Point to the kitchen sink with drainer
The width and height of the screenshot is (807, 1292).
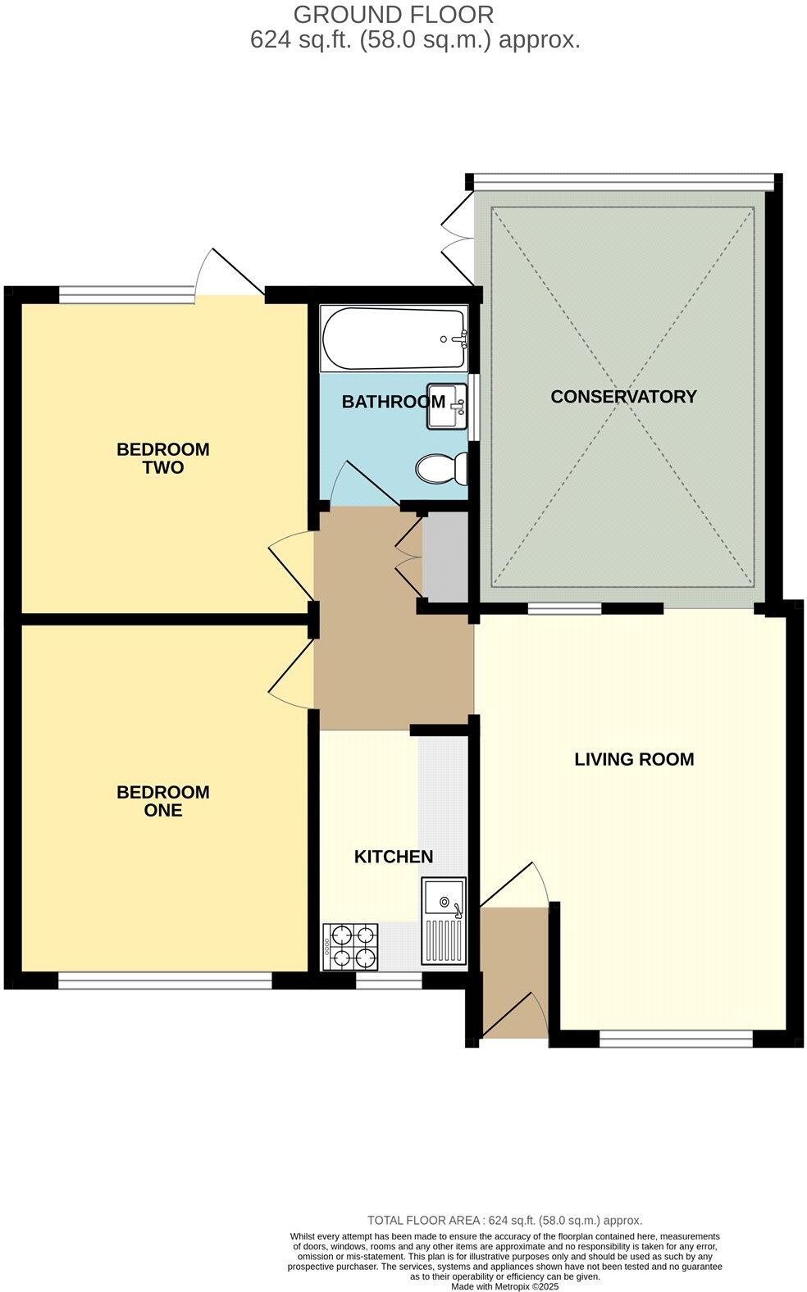443,920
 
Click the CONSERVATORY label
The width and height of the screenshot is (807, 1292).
623,397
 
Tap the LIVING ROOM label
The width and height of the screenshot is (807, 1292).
634,759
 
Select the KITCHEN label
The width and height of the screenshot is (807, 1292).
393,857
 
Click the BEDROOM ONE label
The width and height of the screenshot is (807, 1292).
162,801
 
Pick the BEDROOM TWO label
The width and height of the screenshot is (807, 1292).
162,458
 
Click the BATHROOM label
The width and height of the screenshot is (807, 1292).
393,402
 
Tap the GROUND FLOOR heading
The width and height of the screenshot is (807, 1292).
394,15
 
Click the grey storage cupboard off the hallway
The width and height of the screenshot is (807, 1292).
444,555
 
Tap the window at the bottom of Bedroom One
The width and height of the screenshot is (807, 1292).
164,980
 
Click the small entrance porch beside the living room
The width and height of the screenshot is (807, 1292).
514,971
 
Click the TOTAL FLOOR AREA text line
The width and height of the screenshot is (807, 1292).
504,1220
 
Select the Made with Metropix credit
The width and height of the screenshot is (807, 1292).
504,1287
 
